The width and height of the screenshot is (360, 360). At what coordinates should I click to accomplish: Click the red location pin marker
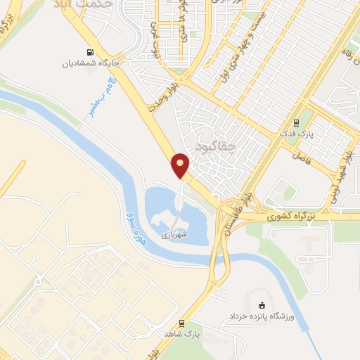coord(181,165)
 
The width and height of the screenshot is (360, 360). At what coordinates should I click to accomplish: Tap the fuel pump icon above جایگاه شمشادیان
coord(89,51)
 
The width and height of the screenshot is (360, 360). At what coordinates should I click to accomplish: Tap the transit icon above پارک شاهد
coord(181,325)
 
